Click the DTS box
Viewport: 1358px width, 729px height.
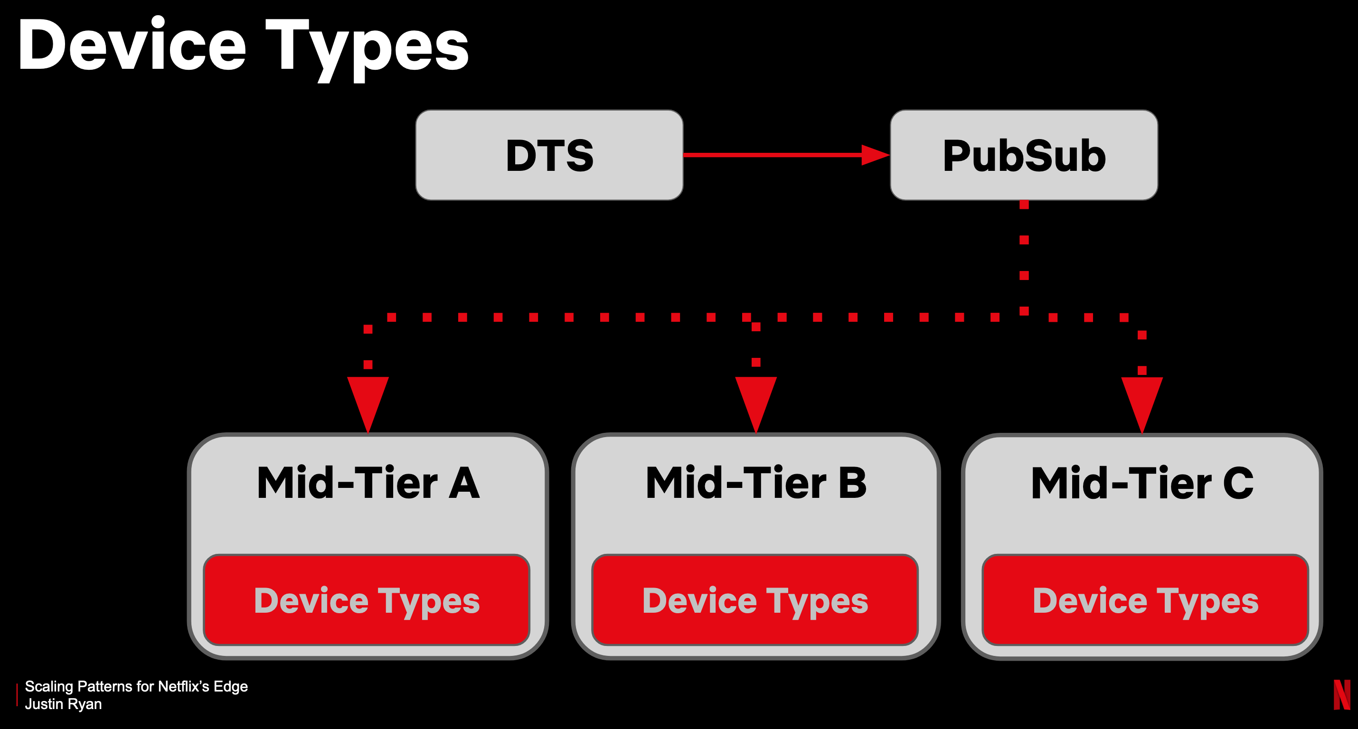(x=549, y=155)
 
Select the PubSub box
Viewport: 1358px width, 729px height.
(x=1024, y=155)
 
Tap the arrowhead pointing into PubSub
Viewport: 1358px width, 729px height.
(x=875, y=155)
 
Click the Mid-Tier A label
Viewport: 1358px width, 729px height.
(x=368, y=483)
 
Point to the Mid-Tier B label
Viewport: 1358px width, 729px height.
(x=756, y=483)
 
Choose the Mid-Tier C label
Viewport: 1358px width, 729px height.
(x=1142, y=483)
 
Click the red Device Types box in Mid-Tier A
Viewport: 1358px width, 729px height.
(x=367, y=600)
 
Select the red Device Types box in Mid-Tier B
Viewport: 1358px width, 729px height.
(x=755, y=600)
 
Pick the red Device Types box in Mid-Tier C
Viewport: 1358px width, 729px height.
(x=1145, y=600)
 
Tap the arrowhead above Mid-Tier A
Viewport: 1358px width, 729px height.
(x=368, y=401)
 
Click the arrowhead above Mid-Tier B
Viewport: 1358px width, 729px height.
(x=756, y=401)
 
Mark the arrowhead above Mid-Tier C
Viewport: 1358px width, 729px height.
(x=1142, y=401)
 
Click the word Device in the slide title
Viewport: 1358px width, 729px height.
(x=132, y=47)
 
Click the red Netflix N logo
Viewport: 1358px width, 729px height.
(x=1342, y=695)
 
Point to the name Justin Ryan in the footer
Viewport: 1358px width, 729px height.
(x=63, y=704)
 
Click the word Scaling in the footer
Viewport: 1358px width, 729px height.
(x=49, y=686)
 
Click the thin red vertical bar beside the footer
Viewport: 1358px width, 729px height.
(x=17, y=695)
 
